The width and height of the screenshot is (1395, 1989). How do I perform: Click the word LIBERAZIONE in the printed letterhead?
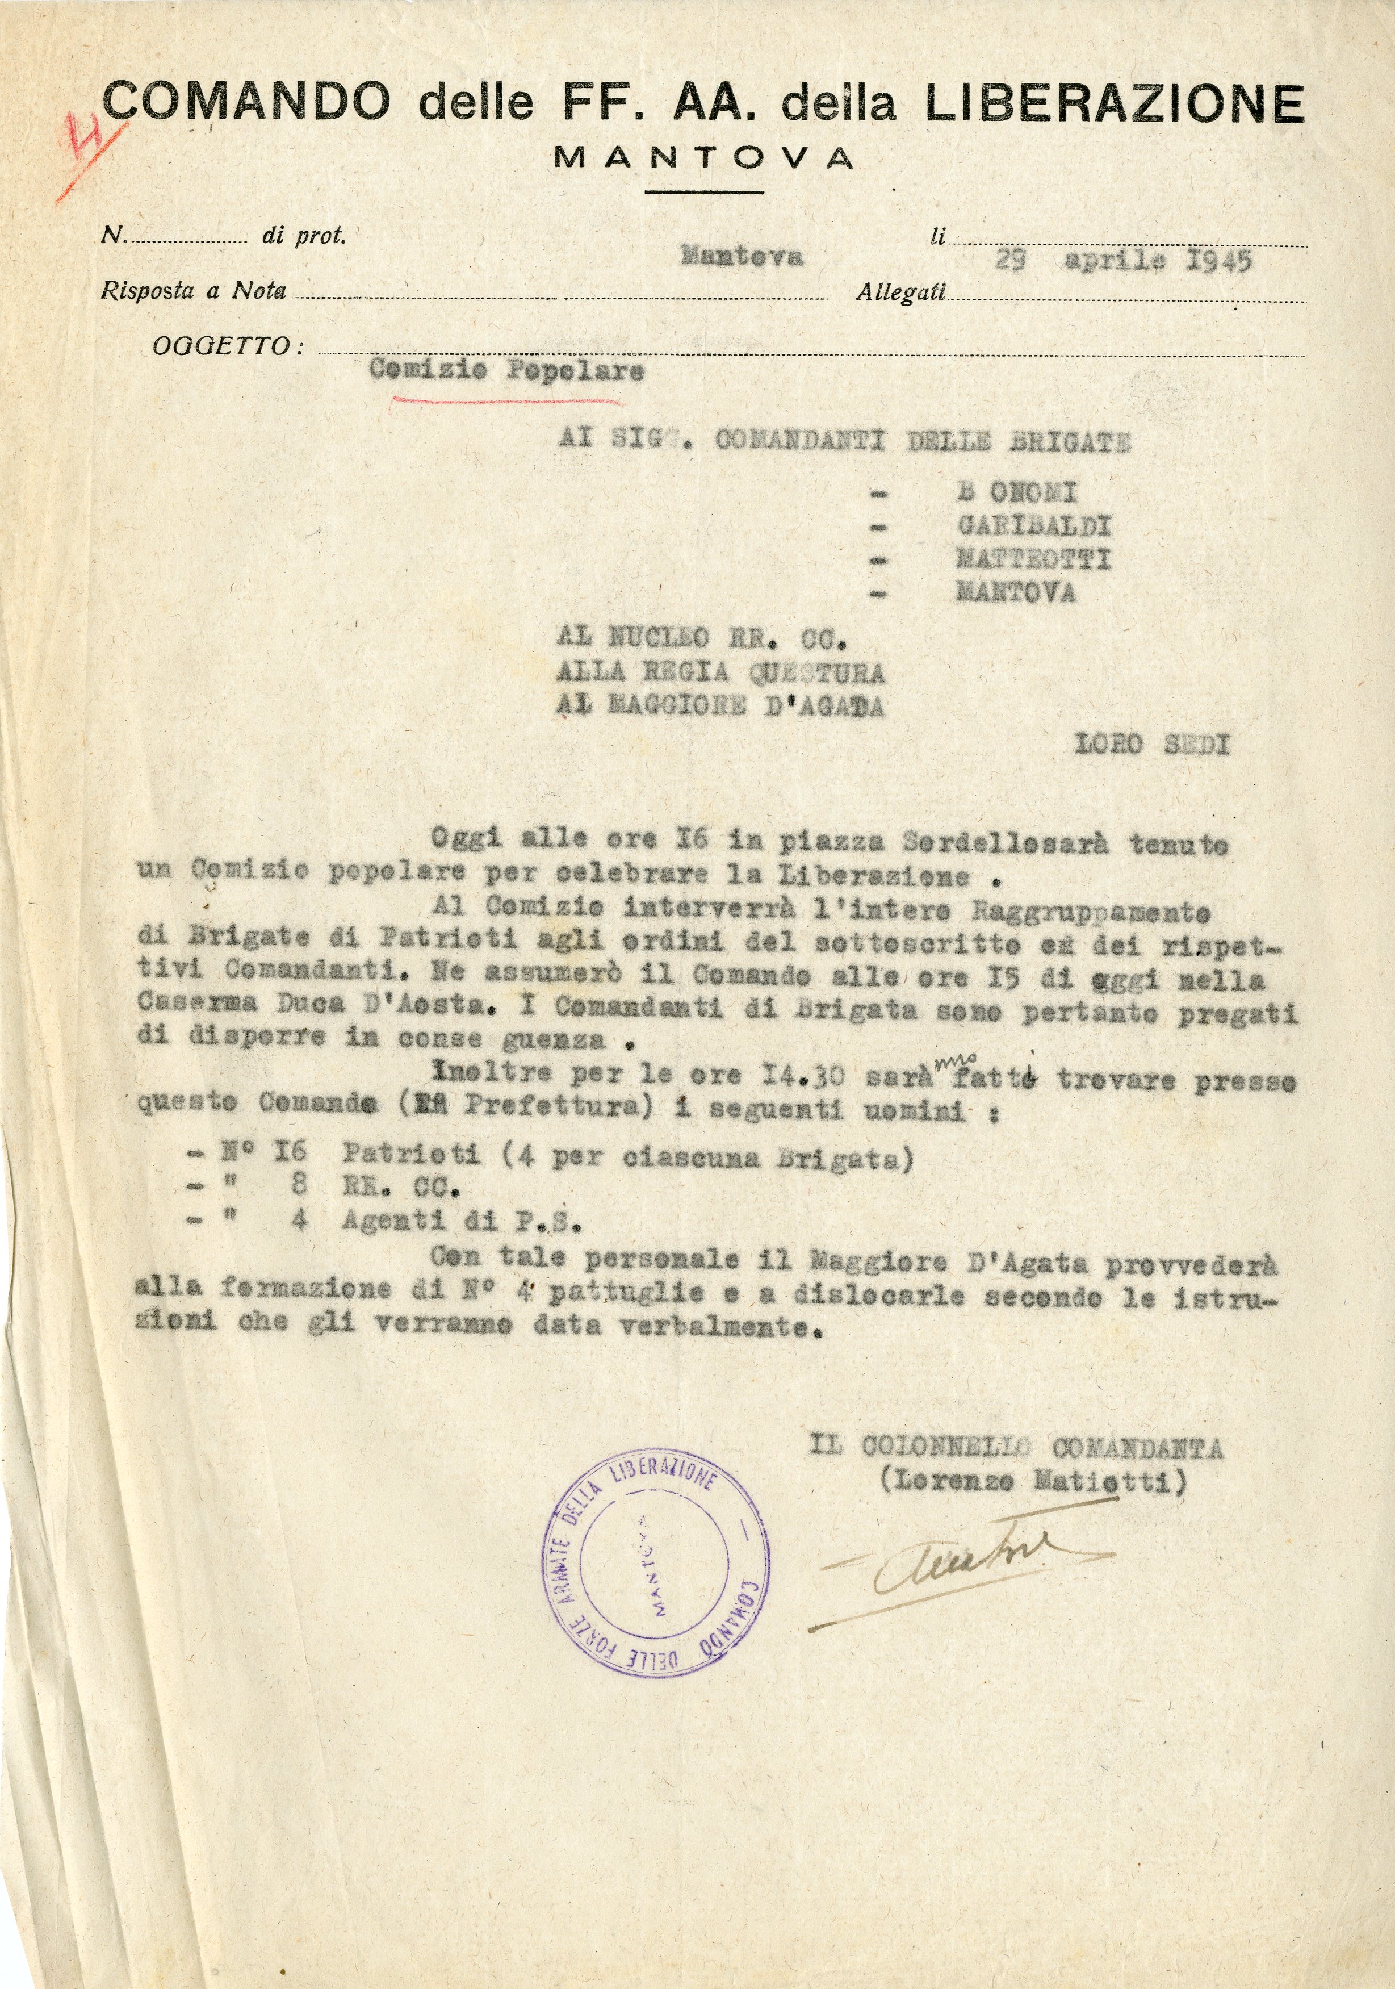pyautogui.click(x=1115, y=104)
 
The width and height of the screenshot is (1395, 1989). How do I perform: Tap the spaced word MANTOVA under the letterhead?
pyautogui.click(x=703, y=158)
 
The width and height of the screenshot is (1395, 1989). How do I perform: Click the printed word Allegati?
pyautogui.click(x=900, y=294)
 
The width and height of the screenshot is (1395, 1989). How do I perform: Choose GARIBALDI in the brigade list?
pyautogui.click(x=1033, y=526)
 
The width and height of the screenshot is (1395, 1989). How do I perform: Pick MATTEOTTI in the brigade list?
pyautogui.click(x=1032, y=559)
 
